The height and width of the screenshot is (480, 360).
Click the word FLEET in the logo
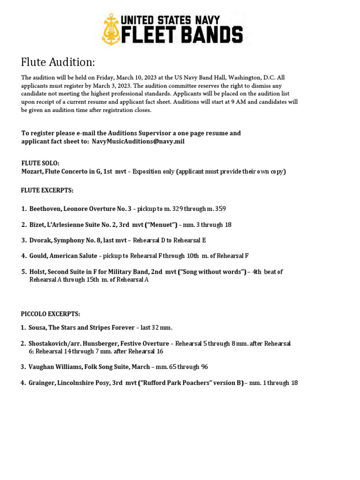[x=150, y=36]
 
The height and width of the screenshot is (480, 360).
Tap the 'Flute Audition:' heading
[x=58, y=62]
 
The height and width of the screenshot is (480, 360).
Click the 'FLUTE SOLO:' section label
[x=40, y=163]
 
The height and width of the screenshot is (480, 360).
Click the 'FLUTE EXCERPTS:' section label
[x=47, y=190]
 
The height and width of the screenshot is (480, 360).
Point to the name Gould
[x=39, y=256]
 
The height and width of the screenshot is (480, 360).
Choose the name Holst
[x=38, y=272]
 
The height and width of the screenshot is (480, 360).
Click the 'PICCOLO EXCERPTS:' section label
[x=50, y=313]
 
